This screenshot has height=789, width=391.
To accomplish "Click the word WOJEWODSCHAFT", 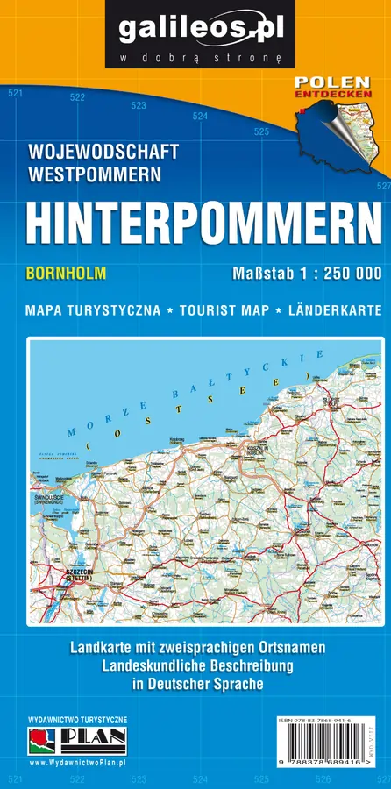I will click(x=103, y=152).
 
